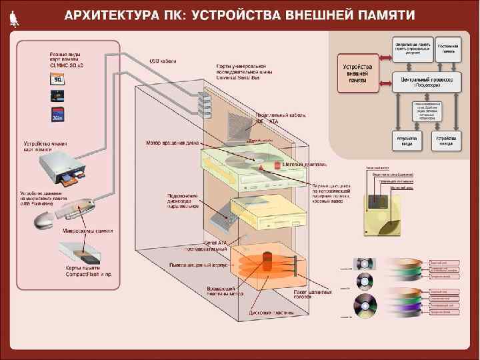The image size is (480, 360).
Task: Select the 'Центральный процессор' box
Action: coord(426,81)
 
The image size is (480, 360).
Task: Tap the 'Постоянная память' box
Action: coord(449,48)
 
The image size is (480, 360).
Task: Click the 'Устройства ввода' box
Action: coord(407,141)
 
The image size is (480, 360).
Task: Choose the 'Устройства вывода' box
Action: coord(450,141)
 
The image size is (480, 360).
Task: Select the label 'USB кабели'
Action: coord(163,61)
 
